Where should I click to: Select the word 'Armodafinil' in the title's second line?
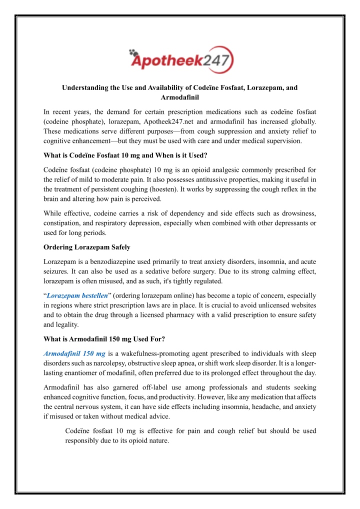click(179, 98)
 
